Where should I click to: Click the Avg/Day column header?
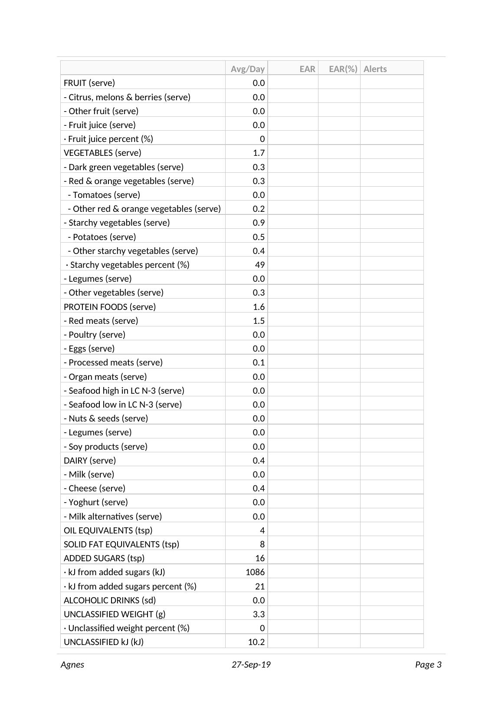tap(247, 69)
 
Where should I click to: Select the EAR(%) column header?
tap(343, 69)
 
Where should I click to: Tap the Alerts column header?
tap(375, 69)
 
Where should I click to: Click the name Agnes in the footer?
tap(72, 665)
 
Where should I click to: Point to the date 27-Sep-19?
tap(251, 665)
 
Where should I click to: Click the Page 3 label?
tap(428, 665)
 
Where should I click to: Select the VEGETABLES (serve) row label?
tap(102, 153)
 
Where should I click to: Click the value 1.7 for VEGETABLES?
tap(259, 153)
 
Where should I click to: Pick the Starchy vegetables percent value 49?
tap(260, 265)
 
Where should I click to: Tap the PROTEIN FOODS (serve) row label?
tap(109, 307)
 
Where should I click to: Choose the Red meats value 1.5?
tap(259, 321)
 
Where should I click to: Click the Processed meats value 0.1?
tap(259, 362)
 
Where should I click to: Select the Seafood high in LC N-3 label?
tap(124, 391)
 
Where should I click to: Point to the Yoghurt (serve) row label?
tap(96, 502)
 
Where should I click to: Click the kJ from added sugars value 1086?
tap(255, 572)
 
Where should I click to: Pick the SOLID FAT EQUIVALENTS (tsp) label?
tap(121, 544)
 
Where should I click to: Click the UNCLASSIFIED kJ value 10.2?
tap(256, 642)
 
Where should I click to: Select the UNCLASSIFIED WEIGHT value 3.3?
tap(259, 614)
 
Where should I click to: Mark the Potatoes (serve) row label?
tap(102, 237)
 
